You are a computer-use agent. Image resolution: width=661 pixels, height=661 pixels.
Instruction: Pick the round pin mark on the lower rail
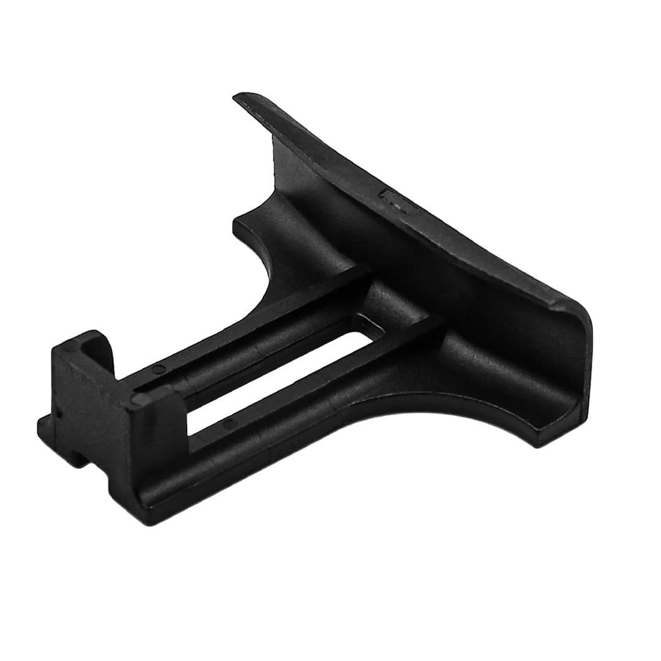tap(228, 422)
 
